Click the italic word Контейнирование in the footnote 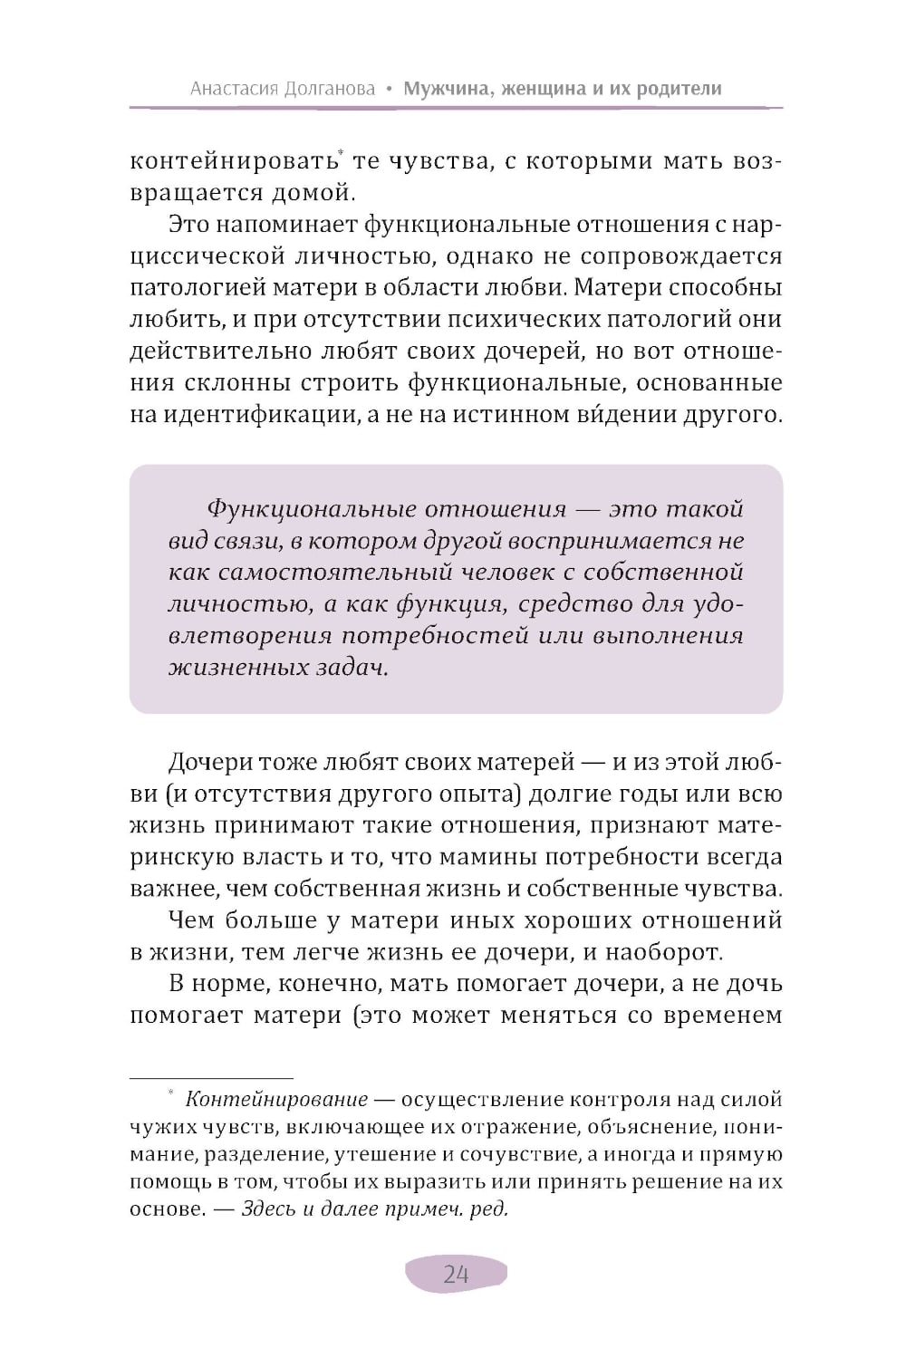coord(276,1100)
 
